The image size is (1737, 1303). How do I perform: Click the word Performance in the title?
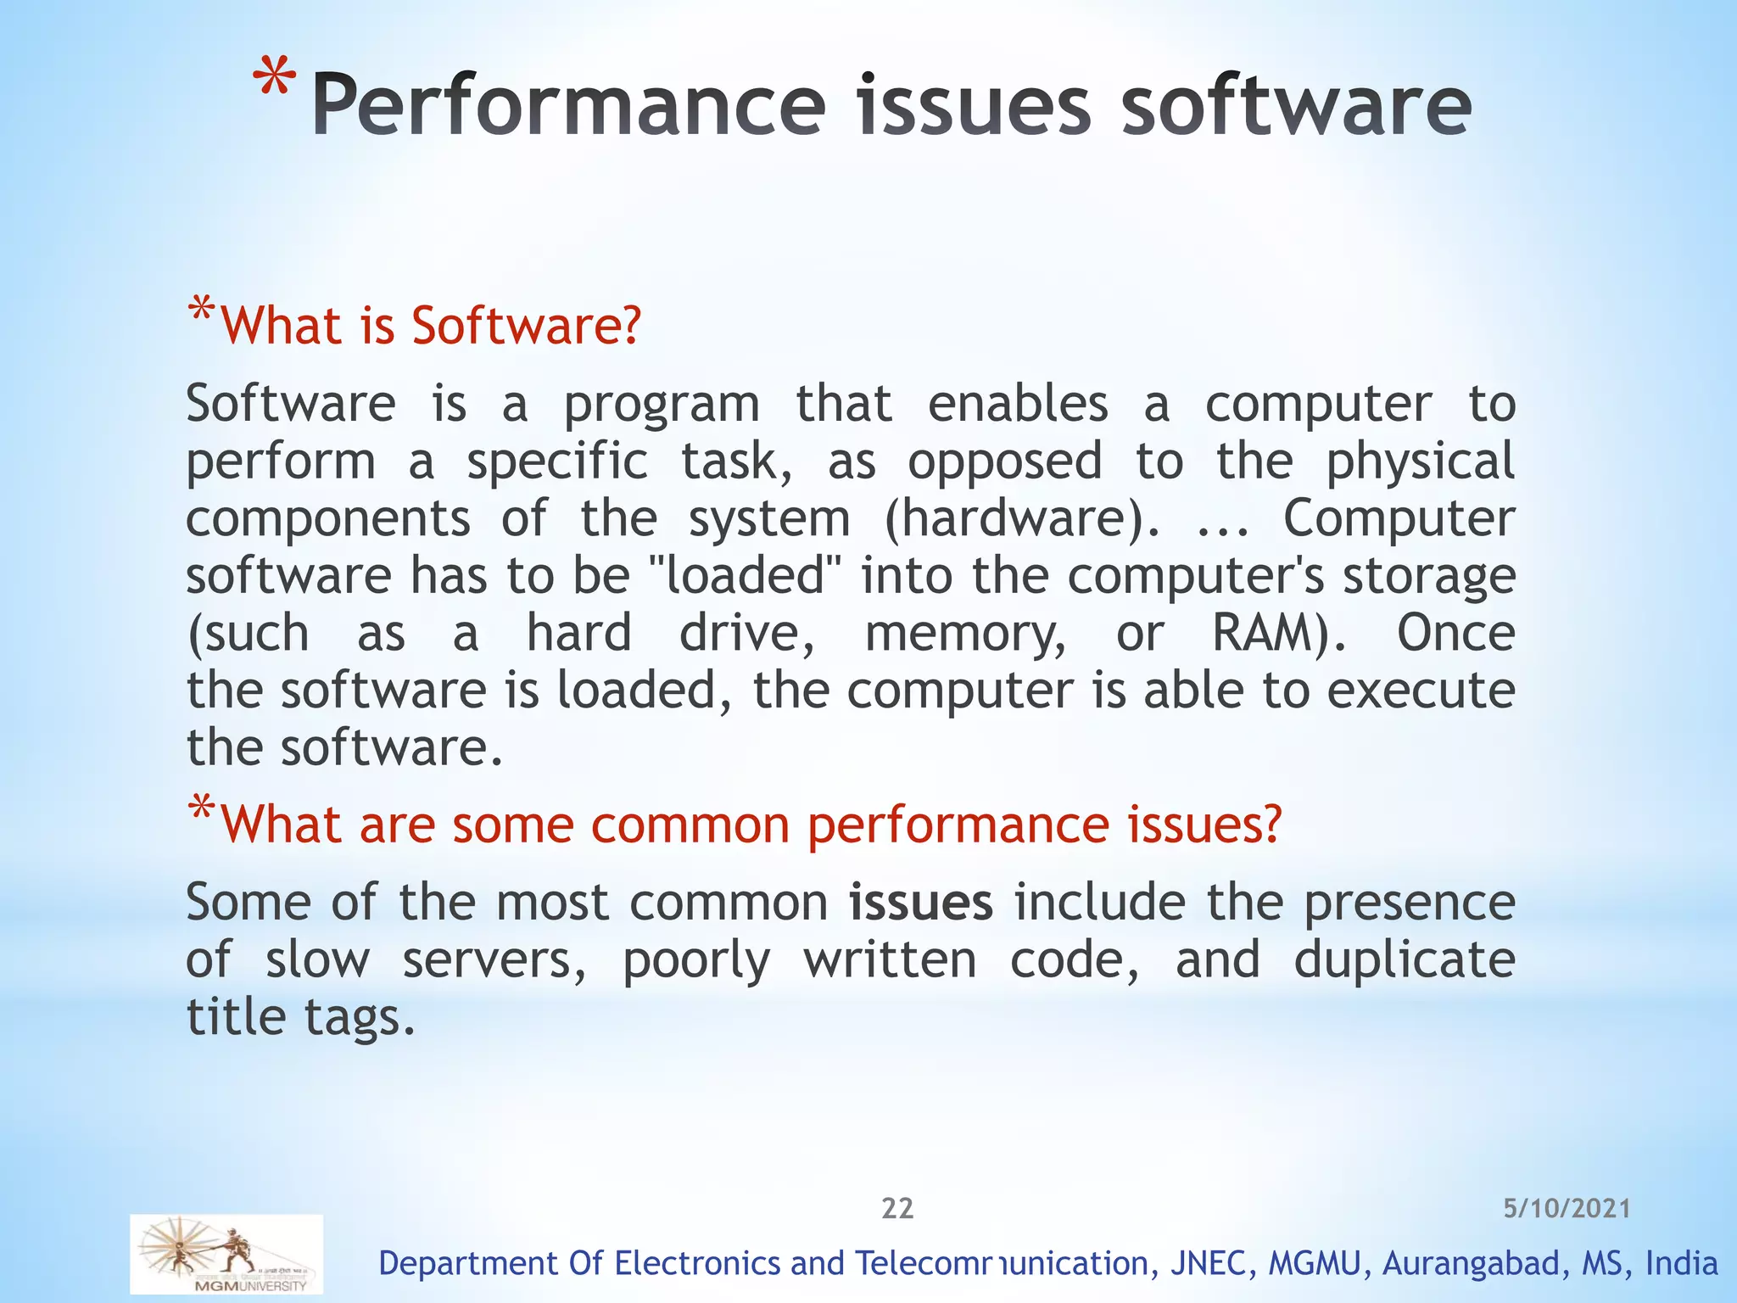pos(568,106)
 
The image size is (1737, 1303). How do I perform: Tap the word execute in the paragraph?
pos(1421,690)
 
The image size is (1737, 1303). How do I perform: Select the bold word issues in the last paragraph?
pos(921,902)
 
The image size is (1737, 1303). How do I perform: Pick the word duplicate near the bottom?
pos(1405,959)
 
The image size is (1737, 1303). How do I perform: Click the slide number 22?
pos(897,1208)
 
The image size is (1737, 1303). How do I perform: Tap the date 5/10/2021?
pos(1567,1208)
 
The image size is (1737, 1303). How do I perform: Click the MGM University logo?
pos(226,1254)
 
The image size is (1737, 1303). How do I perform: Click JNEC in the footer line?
pos(1209,1263)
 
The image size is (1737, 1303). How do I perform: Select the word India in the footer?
pos(1681,1263)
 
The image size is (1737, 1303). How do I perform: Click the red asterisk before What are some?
pos(201,808)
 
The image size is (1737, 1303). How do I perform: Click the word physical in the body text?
pos(1421,462)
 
